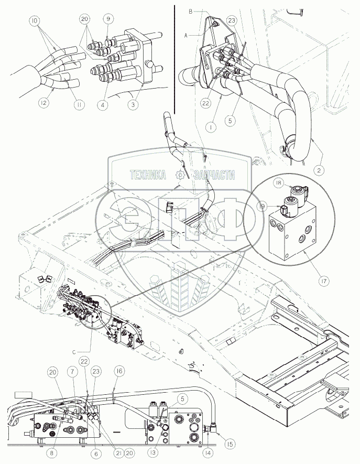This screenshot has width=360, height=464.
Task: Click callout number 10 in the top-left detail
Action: (34, 21)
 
